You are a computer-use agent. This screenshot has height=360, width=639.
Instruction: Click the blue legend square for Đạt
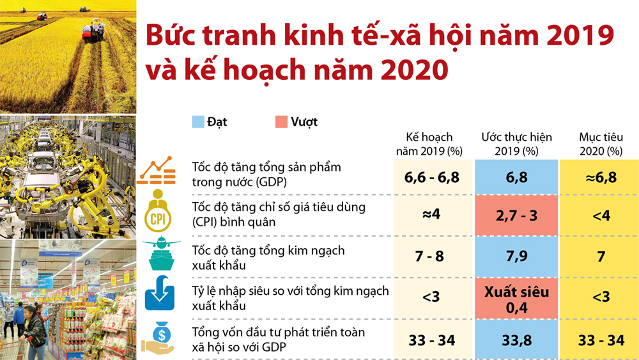[198, 122]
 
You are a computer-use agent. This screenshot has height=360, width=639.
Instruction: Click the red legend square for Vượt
[281, 122]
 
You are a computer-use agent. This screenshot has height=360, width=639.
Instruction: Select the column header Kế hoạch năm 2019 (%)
[429, 144]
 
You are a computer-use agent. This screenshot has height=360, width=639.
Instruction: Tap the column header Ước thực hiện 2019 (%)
[516, 144]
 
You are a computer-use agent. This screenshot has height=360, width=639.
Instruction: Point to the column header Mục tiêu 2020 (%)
[601, 144]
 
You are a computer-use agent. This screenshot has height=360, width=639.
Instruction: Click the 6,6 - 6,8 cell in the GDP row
[433, 177]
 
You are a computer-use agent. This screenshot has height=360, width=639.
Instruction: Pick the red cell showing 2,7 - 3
[516, 215]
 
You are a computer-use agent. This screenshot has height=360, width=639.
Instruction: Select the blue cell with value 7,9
[516, 256]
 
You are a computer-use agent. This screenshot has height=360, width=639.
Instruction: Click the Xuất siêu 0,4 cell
[516, 299]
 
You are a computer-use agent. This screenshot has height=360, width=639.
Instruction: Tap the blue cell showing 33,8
[516, 340]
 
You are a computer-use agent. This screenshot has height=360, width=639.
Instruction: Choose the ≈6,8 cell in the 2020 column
[601, 177]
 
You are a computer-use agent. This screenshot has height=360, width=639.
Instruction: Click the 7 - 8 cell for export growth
[433, 256]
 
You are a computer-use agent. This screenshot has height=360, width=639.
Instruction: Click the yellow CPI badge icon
[158, 211]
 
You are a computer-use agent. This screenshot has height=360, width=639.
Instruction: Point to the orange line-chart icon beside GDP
[156, 171]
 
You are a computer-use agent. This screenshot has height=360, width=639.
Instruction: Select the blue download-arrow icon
[160, 293]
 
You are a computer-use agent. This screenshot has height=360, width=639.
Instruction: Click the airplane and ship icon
[162, 253]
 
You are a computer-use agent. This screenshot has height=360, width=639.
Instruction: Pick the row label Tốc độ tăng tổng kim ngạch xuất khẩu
[268, 258]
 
